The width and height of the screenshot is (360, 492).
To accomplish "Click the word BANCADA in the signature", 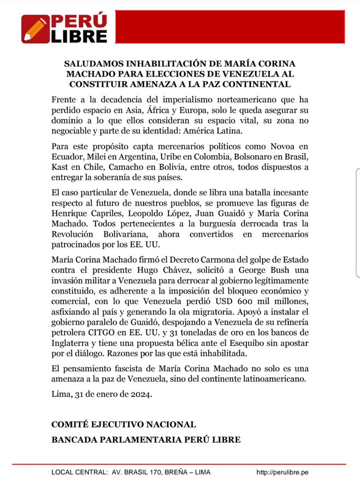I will tap(73, 439).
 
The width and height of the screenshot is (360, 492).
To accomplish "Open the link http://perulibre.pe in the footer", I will tap(282, 472).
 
